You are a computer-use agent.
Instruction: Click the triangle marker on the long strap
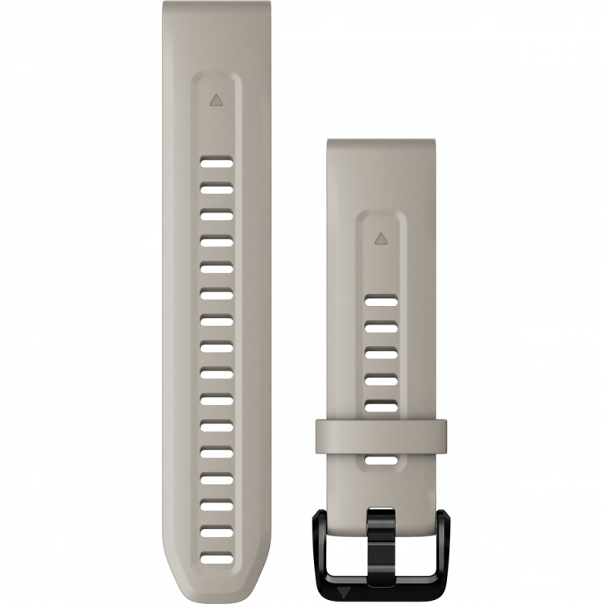[x=215, y=101]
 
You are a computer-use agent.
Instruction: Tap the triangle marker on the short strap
[x=380, y=238]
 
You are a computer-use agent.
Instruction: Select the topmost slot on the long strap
[x=216, y=162]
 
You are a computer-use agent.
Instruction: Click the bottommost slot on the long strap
[x=216, y=556]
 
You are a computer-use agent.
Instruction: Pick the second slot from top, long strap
[x=216, y=188]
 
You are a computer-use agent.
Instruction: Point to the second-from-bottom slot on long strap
[x=216, y=532]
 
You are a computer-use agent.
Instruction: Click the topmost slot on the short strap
[x=380, y=301]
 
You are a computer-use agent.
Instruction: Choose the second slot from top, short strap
[x=380, y=328]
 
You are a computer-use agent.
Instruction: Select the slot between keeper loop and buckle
[x=380, y=460]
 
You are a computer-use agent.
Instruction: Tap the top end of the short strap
[x=380, y=145]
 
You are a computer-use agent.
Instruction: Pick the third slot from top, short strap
[x=380, y=354]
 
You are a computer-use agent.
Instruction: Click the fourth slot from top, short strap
[x=380, y=379]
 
